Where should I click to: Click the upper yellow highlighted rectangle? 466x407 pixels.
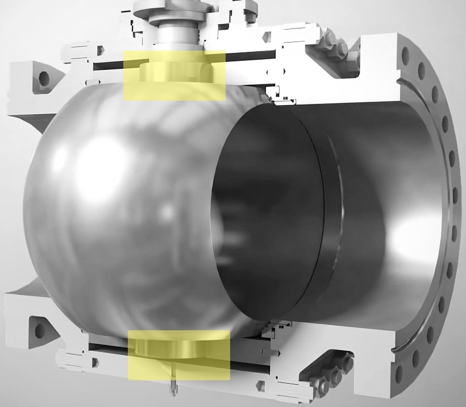click(174, 75)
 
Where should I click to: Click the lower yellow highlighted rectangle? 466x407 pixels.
click(178, 355)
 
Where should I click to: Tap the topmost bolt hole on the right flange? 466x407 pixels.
click(405, 55)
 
